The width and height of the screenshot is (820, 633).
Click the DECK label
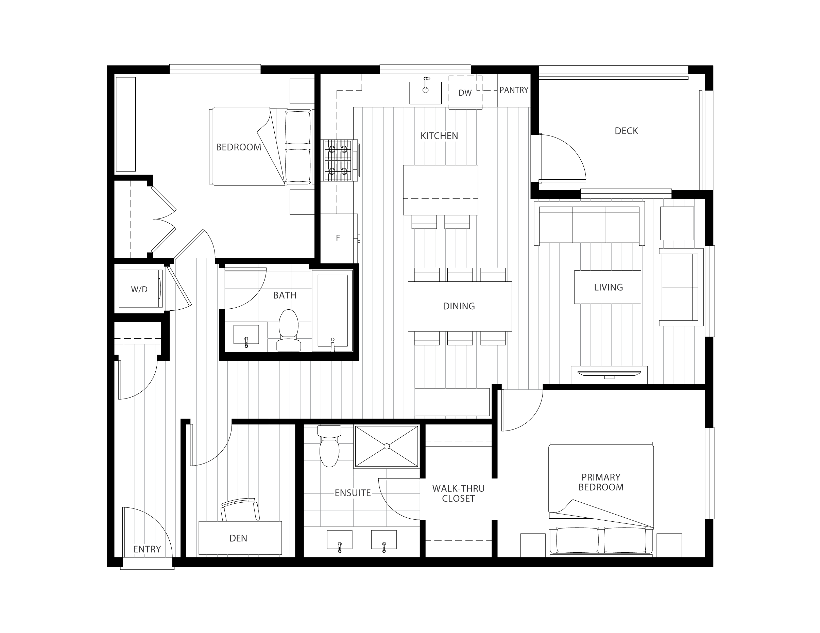[626, 131]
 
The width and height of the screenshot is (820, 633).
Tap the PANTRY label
[514, 90]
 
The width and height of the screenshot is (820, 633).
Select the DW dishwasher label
[465, 93]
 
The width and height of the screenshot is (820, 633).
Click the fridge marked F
[338, 238]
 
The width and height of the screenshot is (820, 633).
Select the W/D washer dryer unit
[140, 289]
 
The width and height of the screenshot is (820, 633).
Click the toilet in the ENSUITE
[329, 446]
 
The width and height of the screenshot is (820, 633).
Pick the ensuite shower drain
[387, 446]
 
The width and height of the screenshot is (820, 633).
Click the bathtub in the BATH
[332, 311]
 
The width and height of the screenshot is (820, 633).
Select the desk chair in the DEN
[240, 510]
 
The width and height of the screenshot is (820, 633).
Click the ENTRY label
[147, 549]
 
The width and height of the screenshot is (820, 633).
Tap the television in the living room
[609, 374]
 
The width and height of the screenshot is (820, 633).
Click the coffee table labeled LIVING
[608, 287]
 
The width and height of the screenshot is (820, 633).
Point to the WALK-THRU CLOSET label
[458, 493]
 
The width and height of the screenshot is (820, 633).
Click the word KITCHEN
[439, 136]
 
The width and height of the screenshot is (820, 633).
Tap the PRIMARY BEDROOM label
[601, 482]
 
